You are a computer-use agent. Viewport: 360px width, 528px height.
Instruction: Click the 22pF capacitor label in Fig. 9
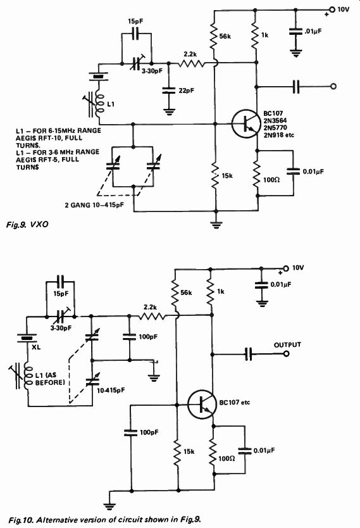coord(187,91)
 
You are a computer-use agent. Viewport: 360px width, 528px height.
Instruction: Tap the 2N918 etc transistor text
coord(279,135)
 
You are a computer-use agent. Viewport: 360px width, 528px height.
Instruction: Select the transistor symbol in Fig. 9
coord(246,123)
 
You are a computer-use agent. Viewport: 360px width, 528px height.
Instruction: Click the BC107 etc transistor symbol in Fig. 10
coord(202,404)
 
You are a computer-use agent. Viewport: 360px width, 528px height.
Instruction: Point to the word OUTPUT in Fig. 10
coord(287,345)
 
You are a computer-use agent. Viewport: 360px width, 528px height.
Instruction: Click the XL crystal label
coord(35,347)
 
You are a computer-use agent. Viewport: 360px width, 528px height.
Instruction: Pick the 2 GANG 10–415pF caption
coord(94,204)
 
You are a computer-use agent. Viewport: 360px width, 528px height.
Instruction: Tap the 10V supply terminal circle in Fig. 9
coord(332,9)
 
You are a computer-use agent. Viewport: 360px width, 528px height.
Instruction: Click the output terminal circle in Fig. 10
coord(287,354)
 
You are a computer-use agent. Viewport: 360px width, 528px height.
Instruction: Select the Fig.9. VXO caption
coord(27,224)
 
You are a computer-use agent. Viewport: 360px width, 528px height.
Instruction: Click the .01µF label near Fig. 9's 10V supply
coord(313,31)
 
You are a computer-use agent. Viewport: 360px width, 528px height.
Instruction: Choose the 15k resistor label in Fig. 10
coord(189,451)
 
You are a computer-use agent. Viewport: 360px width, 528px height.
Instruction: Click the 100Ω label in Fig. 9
coord(271,179)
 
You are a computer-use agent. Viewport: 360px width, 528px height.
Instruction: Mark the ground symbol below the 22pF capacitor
coord(168,111)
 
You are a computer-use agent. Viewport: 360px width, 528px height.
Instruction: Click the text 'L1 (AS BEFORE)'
coord(50,379)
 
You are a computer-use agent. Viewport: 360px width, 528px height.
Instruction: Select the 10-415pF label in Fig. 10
coord(111,390)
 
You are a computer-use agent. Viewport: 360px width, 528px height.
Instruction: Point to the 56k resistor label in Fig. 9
coord(225,36)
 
